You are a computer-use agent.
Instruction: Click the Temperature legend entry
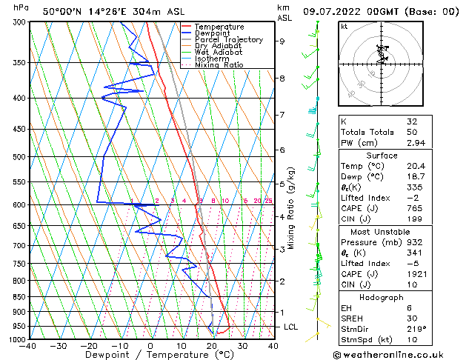pos(219,27)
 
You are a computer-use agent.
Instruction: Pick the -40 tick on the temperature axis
pos(28,346)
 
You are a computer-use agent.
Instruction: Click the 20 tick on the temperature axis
pos(212,346)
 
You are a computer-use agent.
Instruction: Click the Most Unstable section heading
pos(382,232)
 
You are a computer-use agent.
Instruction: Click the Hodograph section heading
pos(382,296)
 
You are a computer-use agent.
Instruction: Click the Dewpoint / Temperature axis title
pos(150,355)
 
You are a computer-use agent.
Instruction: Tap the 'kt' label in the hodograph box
pos(344,27)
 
